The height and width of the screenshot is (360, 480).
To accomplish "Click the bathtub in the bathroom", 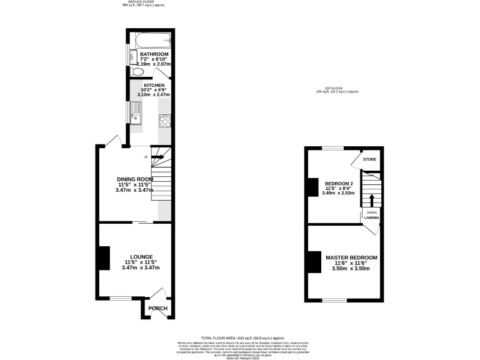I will [150, 41].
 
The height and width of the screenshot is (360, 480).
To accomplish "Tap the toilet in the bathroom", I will [137, 72].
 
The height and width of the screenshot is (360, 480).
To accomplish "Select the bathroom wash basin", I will [133, 57].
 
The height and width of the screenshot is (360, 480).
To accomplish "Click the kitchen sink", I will [136, 113].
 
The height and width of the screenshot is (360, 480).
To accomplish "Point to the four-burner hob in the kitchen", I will [165, 119].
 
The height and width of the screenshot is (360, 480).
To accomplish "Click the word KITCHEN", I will [154, 85].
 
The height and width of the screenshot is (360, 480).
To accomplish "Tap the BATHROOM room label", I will [153, 54].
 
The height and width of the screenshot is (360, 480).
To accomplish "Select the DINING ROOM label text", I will [136, 179].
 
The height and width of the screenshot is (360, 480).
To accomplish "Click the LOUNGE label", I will [141, 257].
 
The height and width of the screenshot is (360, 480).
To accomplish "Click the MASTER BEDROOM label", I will [351, 257].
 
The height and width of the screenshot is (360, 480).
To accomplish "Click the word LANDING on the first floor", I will [371, 218].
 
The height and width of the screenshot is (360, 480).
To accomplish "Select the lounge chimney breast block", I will [104, 258].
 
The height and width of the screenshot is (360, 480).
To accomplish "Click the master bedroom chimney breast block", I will [313, 261].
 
